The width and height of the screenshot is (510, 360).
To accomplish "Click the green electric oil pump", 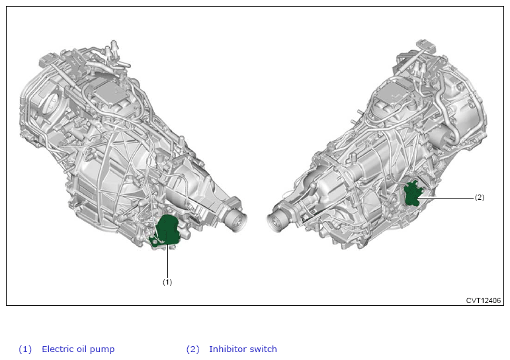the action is (166, 231).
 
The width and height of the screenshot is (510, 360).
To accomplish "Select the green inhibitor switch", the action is (412, 195).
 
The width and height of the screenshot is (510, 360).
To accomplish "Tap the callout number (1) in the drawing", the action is (167, 282).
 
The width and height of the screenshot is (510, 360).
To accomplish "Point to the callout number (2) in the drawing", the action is (480, 198).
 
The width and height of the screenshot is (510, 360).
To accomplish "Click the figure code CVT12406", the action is (484, 300).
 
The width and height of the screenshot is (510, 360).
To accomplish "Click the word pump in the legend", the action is (102, 350).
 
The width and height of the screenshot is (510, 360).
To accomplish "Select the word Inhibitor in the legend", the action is (225, 349).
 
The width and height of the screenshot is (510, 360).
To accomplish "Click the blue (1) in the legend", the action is (25, 349).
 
